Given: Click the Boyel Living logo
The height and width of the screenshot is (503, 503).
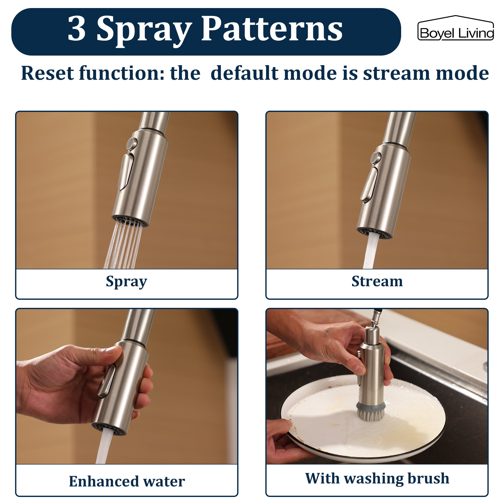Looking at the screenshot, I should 455,29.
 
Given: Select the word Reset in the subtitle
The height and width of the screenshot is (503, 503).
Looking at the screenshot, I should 47,73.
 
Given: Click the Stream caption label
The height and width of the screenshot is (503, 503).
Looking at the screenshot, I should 377,281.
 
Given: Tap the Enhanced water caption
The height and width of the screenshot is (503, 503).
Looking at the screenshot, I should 127,481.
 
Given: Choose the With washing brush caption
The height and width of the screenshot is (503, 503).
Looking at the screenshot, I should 377,478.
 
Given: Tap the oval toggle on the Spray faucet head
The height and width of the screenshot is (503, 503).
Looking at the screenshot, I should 127,172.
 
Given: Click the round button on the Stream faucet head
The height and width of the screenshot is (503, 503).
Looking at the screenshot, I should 376,157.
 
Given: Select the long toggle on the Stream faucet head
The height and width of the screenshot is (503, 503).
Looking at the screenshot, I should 369,185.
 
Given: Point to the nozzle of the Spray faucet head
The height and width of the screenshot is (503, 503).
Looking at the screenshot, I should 130,221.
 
